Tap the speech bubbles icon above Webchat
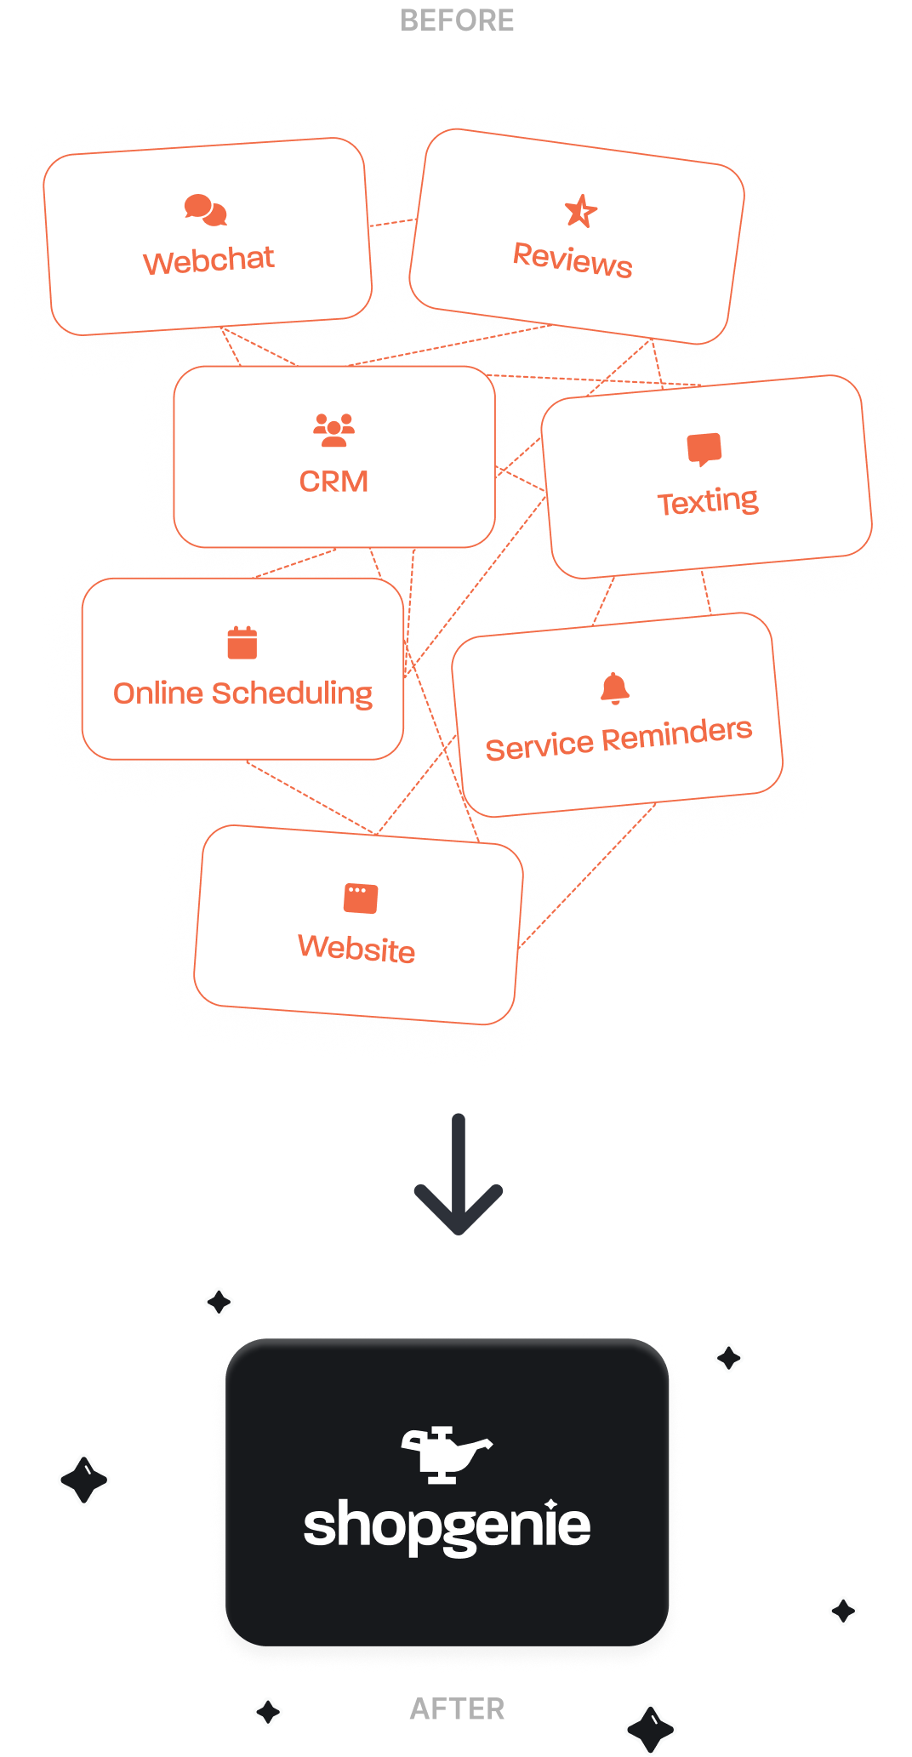point(206,210)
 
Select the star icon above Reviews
point(581,211)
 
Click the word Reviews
point(573,259)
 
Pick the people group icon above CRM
point(333,430)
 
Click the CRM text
point(333,482)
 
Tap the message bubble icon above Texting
point(704,449)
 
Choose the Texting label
point(708,501)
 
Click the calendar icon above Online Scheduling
point(242,642)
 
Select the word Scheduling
point(292,694)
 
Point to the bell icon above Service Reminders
point(614,688)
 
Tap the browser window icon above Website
point(361,898)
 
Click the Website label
point(356,948)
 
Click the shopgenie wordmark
point(447,1526)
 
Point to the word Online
point(158,693)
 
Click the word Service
point(539,747)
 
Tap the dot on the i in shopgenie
point(551,1503)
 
